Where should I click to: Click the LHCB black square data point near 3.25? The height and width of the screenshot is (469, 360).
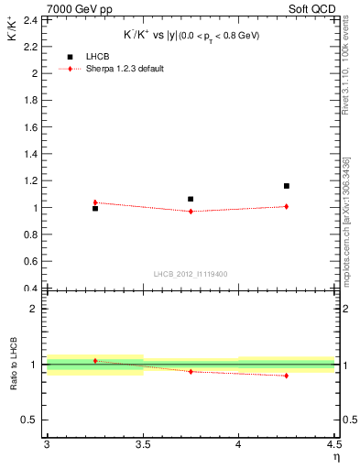click(x=94, y=208)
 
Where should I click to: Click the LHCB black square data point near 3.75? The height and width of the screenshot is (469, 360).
click(x=191, y=199)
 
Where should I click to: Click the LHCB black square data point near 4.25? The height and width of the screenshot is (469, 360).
click(x=287, y=186)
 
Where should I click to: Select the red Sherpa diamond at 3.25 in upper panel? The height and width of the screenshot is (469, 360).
click(x=94, y=202)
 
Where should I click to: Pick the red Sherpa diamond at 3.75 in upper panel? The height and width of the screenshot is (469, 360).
click(x=191, y=212)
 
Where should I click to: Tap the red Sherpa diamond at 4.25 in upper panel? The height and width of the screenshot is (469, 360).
click(x=287, y=206)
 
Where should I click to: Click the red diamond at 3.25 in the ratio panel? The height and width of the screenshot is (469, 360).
click(x=94, y=361)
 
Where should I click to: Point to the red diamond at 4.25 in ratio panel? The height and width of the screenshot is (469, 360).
click(x=287, y=376)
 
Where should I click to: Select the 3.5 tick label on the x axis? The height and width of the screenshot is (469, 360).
click(x=142, y=444)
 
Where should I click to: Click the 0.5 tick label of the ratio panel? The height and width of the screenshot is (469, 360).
click(x=30, y=420)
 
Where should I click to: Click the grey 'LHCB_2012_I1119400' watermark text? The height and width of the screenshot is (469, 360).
click(x=190, y=274)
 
